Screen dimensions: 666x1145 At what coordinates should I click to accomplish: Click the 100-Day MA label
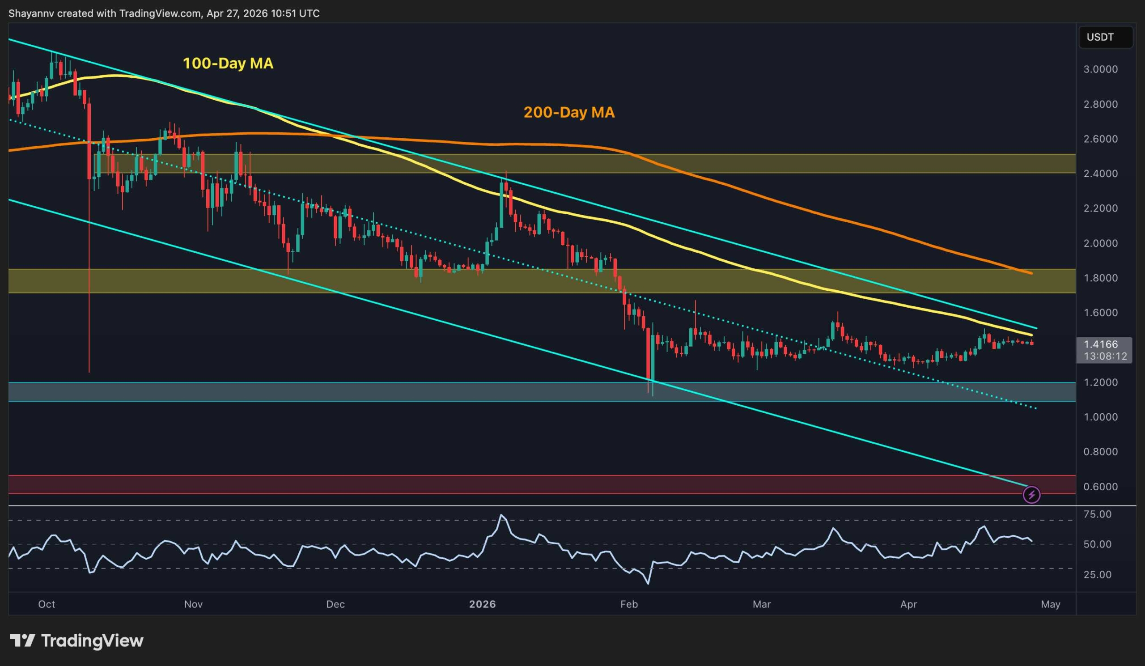(x=228, y=63)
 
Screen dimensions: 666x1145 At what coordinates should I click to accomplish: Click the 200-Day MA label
(x=569, y=112)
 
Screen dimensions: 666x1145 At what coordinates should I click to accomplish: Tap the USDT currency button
(x=1099, y=37)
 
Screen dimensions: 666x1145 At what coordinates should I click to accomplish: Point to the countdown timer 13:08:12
(x=1105, y=356)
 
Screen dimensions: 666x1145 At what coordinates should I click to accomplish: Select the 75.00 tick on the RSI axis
(x=1097, y=514)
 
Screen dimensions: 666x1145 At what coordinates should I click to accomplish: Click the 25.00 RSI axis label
(x=1097, y=575)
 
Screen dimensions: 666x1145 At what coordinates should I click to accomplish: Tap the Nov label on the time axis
(x=193, y=604)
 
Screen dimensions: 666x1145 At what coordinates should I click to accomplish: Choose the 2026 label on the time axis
(x=482, y=604)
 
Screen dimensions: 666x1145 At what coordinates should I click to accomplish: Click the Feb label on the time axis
(x=629, y=604)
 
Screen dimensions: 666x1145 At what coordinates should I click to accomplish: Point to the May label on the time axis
(x=1050, y=604)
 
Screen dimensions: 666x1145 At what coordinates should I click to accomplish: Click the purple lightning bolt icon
(x=1031, y=495)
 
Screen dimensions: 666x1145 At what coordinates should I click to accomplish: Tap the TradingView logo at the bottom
(x=76, y=641)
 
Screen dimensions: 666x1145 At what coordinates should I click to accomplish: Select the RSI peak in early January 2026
(x=500, y=515)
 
